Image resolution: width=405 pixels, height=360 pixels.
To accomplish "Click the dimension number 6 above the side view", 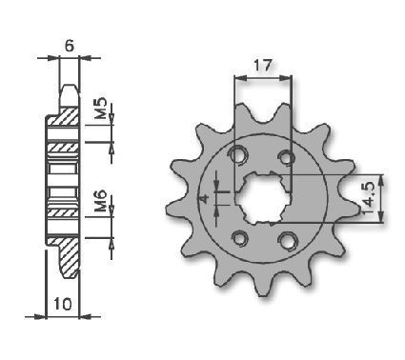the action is point(70,47).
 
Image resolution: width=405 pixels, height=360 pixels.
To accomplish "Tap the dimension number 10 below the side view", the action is point(63,304).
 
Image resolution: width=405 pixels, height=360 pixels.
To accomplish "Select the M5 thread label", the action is point(101,109).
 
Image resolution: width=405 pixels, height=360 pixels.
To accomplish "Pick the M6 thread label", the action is point(101,201).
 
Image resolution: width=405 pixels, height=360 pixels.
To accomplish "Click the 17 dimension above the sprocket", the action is point(263,66).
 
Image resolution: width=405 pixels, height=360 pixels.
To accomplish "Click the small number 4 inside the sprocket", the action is point(204,199).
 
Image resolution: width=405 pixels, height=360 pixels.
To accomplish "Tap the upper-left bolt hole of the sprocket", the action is point(239,155).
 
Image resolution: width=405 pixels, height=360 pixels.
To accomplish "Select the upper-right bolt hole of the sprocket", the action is point(287,157).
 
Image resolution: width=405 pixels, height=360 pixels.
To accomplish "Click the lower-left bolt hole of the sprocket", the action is point(240,238).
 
